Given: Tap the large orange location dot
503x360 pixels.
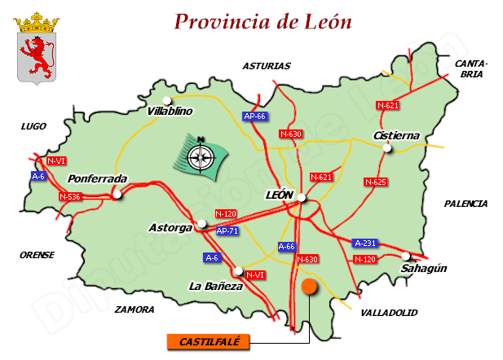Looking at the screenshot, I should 309,286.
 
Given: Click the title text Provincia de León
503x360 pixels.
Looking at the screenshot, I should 263,22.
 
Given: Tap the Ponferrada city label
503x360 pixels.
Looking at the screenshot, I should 98,178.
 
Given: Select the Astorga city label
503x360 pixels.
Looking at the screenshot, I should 170,227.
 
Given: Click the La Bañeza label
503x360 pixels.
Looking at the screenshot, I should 216,287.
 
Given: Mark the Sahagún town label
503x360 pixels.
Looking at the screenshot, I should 424,268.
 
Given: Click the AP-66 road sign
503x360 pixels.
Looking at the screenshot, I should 255,116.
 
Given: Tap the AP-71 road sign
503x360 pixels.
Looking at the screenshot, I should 227,231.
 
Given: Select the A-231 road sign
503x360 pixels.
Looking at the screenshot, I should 365,243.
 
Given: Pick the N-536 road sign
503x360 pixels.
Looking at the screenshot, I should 71,197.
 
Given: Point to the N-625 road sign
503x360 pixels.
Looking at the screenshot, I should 375,182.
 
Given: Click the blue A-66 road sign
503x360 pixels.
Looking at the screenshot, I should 287,246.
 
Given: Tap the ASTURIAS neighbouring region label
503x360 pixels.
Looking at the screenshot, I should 267,66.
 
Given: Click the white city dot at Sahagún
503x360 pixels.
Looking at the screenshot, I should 406,256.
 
